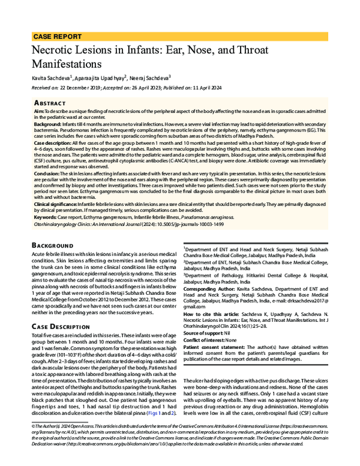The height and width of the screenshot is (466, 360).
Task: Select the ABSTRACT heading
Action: click(x=53, y=103)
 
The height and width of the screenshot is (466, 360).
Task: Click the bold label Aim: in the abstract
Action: click(x=39, y=112)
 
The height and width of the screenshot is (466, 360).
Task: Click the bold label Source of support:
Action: click(x=203, y=332)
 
